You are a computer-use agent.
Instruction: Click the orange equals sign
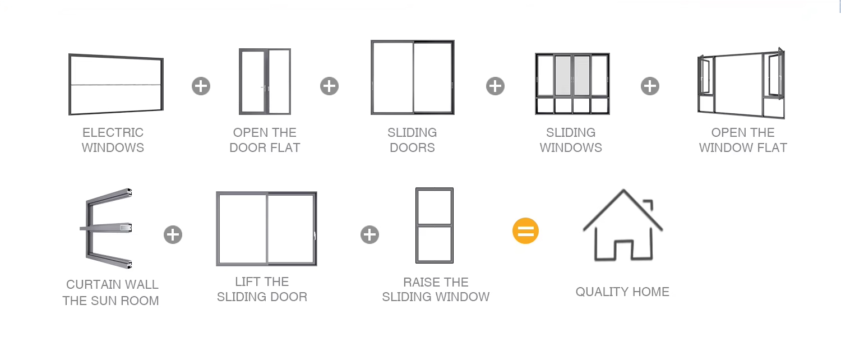525,231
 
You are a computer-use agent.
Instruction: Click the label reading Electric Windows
113,140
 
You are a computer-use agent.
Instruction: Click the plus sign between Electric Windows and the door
201,86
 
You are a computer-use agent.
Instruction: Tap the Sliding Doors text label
412,140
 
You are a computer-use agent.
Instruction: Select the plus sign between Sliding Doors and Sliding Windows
495,86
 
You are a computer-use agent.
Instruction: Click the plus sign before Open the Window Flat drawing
650,86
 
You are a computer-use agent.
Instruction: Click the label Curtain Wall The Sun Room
111,292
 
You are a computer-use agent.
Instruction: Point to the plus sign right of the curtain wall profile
173,234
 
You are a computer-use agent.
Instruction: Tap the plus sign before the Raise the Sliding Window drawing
369,234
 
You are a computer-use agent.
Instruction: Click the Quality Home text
622,292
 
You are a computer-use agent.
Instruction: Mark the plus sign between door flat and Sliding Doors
329,86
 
